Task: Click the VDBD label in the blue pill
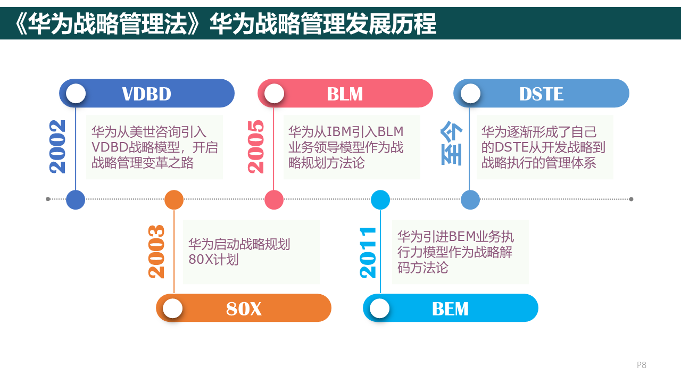[146, 94]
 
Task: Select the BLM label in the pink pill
[345, 94]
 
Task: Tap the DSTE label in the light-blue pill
[541, 94]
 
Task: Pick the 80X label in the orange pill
[244, 309]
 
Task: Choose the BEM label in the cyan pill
[450, 309]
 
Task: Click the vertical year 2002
[57, 147]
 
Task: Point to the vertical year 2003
[156, 252]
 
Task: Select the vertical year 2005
[256, 147]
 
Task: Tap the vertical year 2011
[368, 253]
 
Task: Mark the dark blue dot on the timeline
[76, 199]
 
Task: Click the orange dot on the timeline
[174, 200]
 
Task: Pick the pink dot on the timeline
[274, 200]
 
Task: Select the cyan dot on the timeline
[380, 200]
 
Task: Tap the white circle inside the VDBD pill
[76, 94]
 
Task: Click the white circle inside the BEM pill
[379, 309]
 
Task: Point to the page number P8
[641, 365]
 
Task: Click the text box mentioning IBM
[352, 147]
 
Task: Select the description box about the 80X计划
[251, 252]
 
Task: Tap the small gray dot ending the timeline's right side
[631, 199]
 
